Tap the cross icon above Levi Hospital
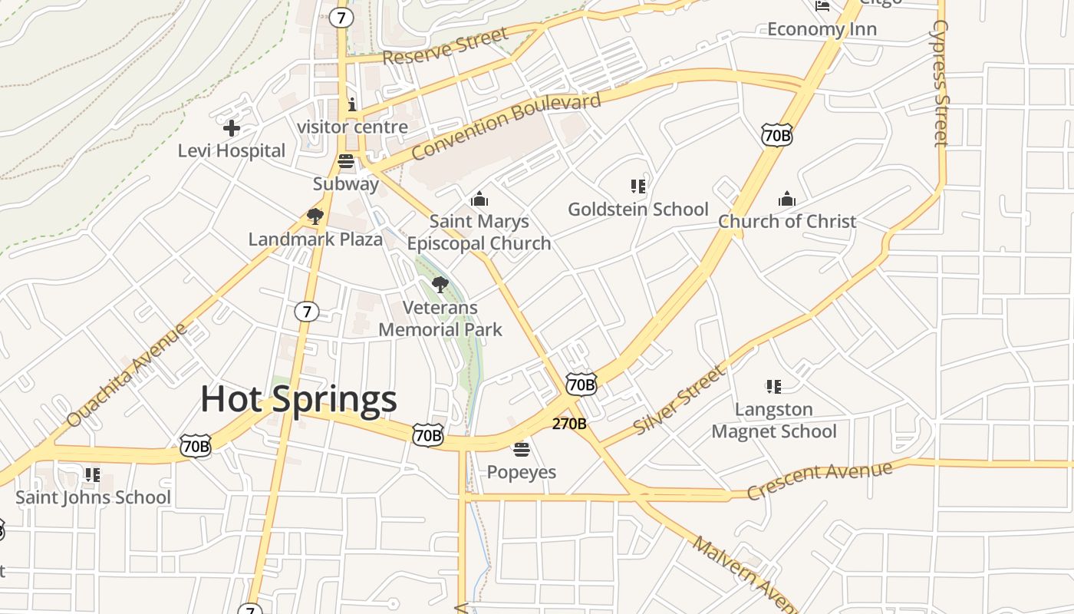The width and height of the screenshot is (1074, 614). point(231,127)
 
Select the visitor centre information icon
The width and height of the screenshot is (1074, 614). point(352,104)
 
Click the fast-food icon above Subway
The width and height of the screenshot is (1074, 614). point(346,161)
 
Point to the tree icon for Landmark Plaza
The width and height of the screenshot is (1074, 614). point(315,216)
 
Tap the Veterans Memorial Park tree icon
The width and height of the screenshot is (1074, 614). point(440,285)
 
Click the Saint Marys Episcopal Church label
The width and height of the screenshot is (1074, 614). point(479,232)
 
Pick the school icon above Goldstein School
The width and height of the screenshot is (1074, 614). point(637,186)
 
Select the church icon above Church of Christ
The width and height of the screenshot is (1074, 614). point(787,199)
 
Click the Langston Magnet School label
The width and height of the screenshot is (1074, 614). point(774,421)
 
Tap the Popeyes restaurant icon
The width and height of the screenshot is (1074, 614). point(522,449)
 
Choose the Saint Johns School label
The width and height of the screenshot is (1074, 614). point(93,497)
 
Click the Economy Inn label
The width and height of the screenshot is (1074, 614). point(822,29)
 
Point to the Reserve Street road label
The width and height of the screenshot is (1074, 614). point(445,47)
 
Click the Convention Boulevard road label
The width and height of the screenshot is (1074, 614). point(506,127)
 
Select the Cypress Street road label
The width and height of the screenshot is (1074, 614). point(941,83)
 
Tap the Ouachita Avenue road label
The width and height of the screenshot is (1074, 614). point(127,375)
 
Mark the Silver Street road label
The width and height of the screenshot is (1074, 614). point(679,401)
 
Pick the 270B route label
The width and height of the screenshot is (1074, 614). point(569,424)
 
